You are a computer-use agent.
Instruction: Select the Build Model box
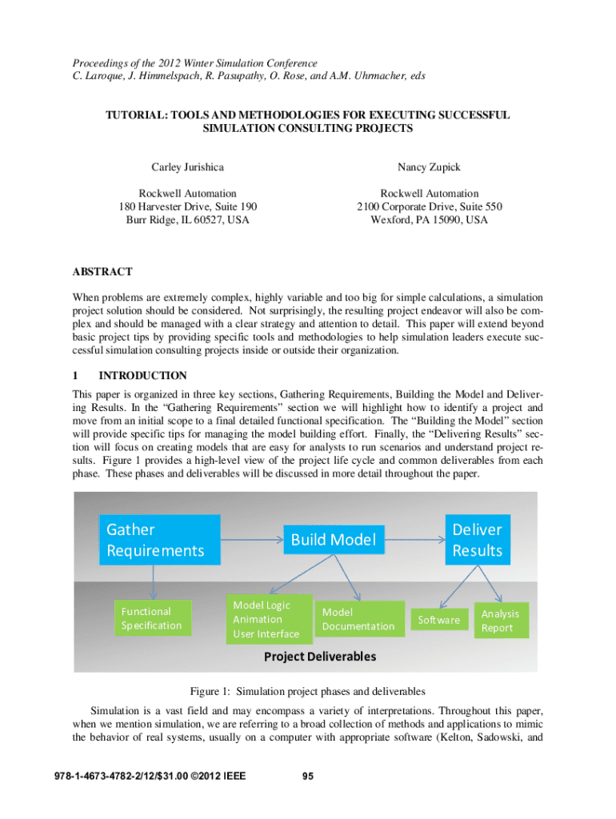pyautogui.click(x=334, y=540)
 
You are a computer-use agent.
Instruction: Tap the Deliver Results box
pyautogui.click(x=477, y=540)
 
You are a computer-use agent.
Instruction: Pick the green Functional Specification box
pyautogui.click(x=152, y=618)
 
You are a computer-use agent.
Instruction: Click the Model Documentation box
pyautogui.click(x=358, y=619)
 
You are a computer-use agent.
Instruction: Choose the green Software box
pyautogui.click(x=439, y=620)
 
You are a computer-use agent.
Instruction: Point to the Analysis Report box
pyautogui.click(x=500, y=621)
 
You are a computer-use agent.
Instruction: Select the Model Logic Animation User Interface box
pyautogui.click(x=266, y=620)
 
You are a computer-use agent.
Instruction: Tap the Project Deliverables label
pyautogui.click(x=319, y=657)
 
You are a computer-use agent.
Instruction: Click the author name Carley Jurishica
pyautogui.click(x=187, y=167)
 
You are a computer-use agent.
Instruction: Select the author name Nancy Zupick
pyautogui.click(x=429, y=167)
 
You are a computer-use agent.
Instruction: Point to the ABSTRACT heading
pyautogui.click(x=102, y=272)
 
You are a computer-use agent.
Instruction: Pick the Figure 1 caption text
pyautogui.click(x=307, y=690)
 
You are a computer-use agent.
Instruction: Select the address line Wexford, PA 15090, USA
pyautogui.click(x=429, y=219)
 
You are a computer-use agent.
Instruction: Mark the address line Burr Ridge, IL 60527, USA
pyautogui.click(x=187, y=219)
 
